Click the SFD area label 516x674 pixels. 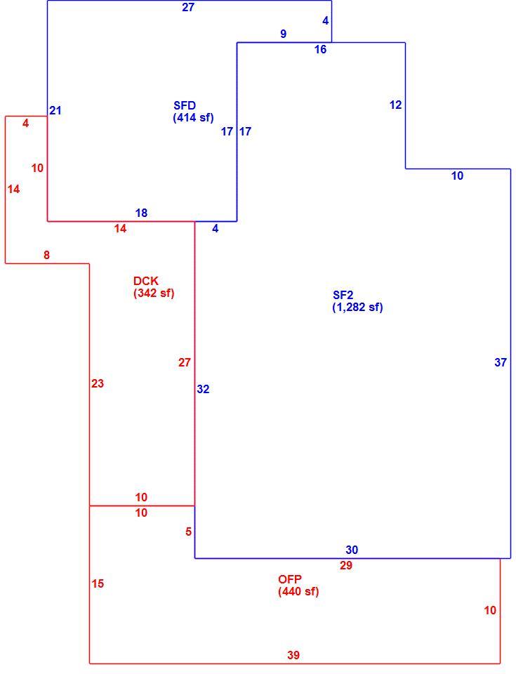pyautogui.click(x=185, y=105)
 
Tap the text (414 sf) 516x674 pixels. pyautogui.click(x=193, y=117)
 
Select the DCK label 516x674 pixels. pyautogui.click(x=146, y=281)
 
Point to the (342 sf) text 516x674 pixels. pyautogui.click(x=154, y=293)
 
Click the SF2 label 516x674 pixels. pyautogui.click(x=343, y=295)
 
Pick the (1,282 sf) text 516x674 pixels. pyautogui.click(x=357, y=307)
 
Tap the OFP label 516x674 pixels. pyautogui.click(x=290, y=579)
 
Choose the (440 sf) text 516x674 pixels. pyautogui.click(x=298, y=591)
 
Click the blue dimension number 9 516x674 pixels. pyautogui.click(x=283, y=34)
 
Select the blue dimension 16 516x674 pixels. pyautogui.click(x=320, y=49)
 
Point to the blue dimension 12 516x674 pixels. pyautogui.click(x=396, y=105)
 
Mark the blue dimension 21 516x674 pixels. pyautogui.click(x=55, y=110)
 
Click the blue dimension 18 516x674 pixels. pyautogui.click(x=141, y=213)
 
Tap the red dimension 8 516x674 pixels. pyautogui.click(x=46, y=255)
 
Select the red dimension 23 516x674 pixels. pyautogui.click(x=98, y=383)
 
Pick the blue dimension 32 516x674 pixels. pyautogui.click(x=203, y=389)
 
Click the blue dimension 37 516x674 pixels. pyautogui.click(x=501, y=362)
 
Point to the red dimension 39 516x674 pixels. pyautogui.click(x=293, y=655)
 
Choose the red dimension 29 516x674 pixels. pyautogui.click(x=346, y=565)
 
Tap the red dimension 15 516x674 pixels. pyautogui.click(x=98, y=583)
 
